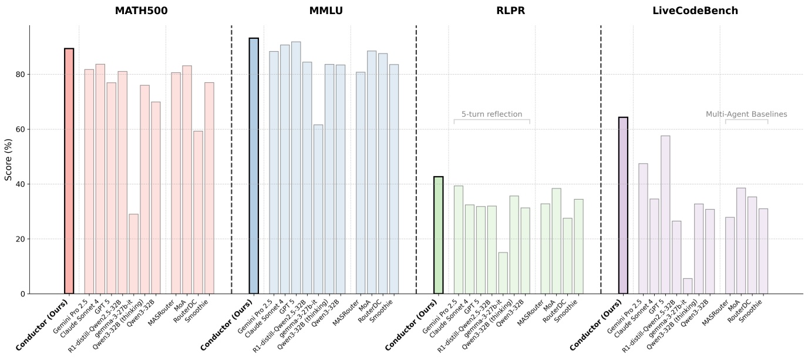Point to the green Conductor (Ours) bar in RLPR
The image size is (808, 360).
(x=438, y=235)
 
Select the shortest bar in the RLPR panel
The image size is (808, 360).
(x=503, y=273)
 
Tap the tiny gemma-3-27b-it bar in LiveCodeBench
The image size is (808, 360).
(x=688, y=286)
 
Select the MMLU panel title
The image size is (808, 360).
(x=326, y=11)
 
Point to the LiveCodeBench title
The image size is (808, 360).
(x=695, y=11)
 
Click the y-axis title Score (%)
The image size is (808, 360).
(x=8, y=160)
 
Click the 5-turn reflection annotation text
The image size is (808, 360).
(x=491, y=114)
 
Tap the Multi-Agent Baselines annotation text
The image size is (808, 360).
(x=746, y=114)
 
